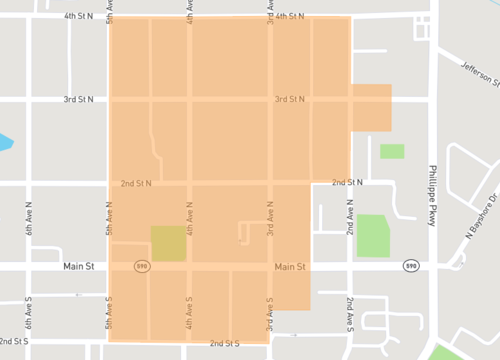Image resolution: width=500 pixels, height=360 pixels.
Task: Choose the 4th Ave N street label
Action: click(x=189, y=215)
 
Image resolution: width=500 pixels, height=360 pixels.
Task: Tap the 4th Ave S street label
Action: click(x=189, y=313)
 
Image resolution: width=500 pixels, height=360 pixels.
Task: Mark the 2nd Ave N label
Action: click(x=350, y=215)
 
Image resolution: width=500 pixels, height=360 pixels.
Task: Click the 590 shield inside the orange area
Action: click(x=144, y=267)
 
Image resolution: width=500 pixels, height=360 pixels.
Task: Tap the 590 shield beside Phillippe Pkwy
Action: click(x=410, y=267)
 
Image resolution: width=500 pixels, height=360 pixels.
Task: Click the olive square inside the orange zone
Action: click(x=168, y=244)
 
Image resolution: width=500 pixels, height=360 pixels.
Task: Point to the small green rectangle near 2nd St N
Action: click(x=392, y=151)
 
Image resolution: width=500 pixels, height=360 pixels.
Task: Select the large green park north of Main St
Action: click(x=373, y=235)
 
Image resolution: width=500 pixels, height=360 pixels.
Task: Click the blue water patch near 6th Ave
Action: click(x=5, y=141)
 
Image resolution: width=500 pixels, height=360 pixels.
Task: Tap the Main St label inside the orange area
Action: click(x=289, y=267)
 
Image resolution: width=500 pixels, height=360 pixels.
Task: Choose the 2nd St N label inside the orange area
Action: click(x=136, y=183)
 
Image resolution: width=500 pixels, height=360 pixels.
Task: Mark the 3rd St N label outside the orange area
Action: click(x=78, y=100)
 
